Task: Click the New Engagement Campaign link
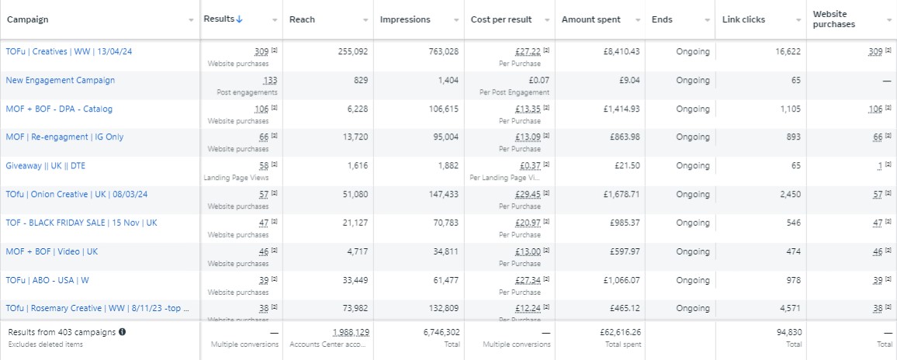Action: [60, 80]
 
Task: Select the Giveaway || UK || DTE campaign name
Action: [45, 165]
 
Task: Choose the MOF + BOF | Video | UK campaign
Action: [51, 251]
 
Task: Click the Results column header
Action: [219, 19]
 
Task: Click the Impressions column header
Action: [405, 19]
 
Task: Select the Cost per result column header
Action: [500, 19]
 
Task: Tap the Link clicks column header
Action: [742, 19]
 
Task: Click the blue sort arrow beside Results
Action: [239, 19]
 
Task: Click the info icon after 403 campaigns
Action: [123, 332]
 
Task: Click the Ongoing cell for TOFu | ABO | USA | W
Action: [692, 280]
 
